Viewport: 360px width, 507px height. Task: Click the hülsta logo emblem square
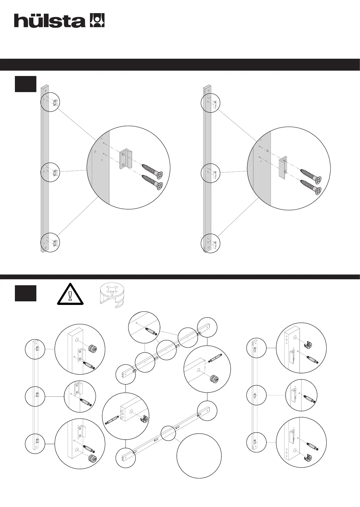click(97, 20)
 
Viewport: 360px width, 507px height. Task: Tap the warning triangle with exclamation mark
click(70, 294)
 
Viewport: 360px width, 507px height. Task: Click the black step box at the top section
click(26, 84)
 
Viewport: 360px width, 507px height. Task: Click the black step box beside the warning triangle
click(26, 293)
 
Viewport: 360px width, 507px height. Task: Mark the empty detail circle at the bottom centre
click(199, 456)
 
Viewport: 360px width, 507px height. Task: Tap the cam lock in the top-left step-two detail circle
click(93, 349)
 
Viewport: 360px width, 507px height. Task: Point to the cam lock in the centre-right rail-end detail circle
click(215, 379)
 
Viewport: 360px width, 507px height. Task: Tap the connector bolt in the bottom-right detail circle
click(313, 447)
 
